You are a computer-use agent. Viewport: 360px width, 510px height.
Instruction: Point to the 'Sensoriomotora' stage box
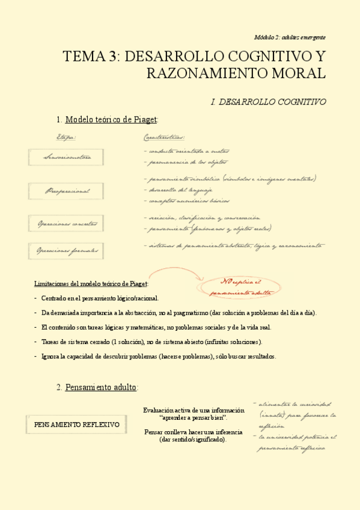pos(67,158)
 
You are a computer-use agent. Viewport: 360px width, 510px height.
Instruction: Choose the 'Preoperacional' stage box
pos(67,191)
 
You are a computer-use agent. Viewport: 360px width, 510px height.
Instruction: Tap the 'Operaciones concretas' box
pos(67,224)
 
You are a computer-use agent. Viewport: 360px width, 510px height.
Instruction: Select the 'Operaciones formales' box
pos(67,250)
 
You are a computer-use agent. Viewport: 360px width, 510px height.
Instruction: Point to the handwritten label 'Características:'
pos(164,137)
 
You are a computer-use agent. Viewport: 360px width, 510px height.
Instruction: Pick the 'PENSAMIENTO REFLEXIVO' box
pos(76,425)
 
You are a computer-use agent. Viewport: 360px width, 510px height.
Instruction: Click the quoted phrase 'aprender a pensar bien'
pos(193,417)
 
